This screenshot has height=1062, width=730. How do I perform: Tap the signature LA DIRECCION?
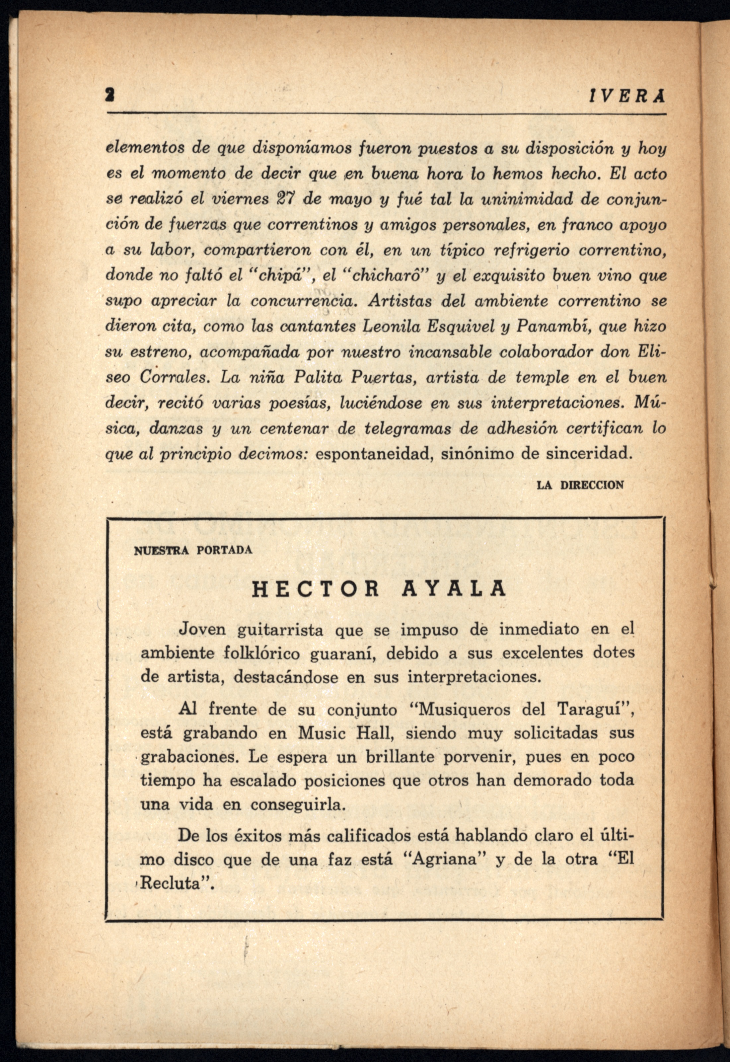click(580, 485)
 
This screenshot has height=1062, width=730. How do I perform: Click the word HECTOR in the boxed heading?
click(316, 589)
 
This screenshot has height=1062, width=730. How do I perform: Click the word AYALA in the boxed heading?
click(454, 589)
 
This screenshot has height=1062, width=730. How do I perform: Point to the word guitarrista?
click(280, 630)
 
